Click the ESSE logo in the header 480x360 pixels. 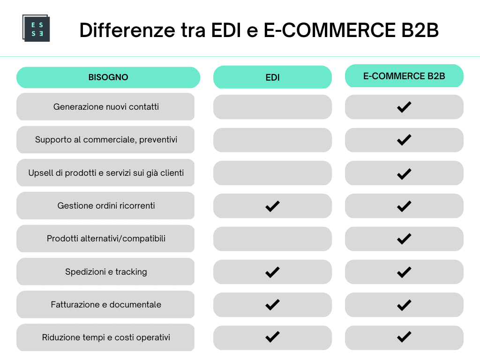click(x=36, y=28)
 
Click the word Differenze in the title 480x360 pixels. click(x=127, y=30)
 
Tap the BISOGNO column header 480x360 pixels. click(x=108, y=77)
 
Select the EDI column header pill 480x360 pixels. click(x=272, y=77)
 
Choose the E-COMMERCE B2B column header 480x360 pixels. click(x=404, y=76)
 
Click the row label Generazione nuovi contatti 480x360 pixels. click(x=106, y=107)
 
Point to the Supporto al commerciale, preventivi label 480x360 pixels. click(x=106, y=140)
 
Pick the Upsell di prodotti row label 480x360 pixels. click(x=106, y=173)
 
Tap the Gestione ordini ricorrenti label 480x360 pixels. click(x=106, y=206)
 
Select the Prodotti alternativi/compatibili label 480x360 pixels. click(x=106, y=239)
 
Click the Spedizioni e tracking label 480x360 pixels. click(x=106, y=272)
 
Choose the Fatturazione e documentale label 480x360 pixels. click(x=106, y=305)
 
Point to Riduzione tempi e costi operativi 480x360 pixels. click(x=106, y=337)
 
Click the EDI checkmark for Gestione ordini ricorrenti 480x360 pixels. click(x=272, y=206)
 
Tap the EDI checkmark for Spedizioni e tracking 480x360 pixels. click(x=272, y=272)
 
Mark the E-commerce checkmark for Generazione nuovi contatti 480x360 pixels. click(x=404, y=107)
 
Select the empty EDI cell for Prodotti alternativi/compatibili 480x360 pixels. click(x=272, y=239)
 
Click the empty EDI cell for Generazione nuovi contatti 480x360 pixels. click(x=272, y=107)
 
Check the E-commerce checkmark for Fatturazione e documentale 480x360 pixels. click(x=404, y=305)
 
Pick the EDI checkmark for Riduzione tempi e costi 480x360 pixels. click(x=272, y=337)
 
